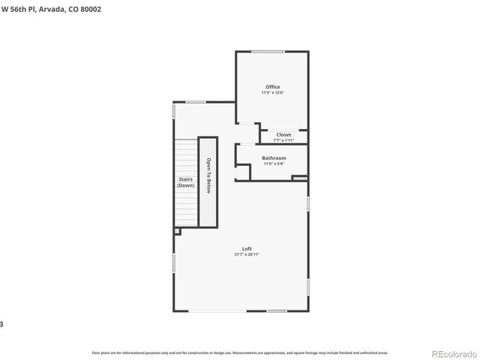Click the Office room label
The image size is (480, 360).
271,87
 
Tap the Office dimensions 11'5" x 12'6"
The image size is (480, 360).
271,93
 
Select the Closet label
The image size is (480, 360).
283,135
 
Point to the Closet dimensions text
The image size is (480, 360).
283,140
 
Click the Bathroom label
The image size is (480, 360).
273,158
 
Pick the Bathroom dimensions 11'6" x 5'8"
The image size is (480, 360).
273,164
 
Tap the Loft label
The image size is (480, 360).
247,249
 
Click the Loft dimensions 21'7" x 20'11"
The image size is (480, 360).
247,255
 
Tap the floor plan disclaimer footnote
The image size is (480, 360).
239,352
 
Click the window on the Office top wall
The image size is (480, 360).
268,52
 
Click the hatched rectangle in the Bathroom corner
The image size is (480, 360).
300,178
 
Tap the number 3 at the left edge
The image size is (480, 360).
2,324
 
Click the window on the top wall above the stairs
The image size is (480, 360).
196,102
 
